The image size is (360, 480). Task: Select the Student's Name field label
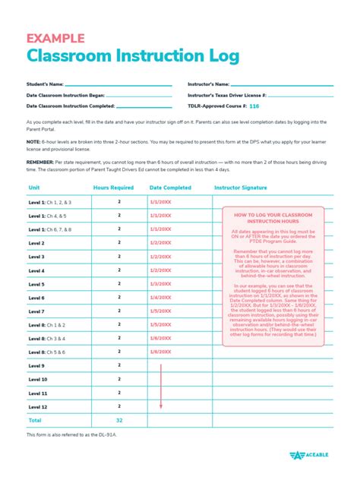[x=45, y=84]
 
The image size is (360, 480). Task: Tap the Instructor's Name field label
[x=209, y=84]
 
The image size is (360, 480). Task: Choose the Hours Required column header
[x=113, y=187]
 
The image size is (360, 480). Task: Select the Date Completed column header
[x=170, y=187]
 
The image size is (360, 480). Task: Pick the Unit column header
[x=34, y=187]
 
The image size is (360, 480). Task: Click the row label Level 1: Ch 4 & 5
[x=48, y=216]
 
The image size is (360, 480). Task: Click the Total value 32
[x=119, y=419]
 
